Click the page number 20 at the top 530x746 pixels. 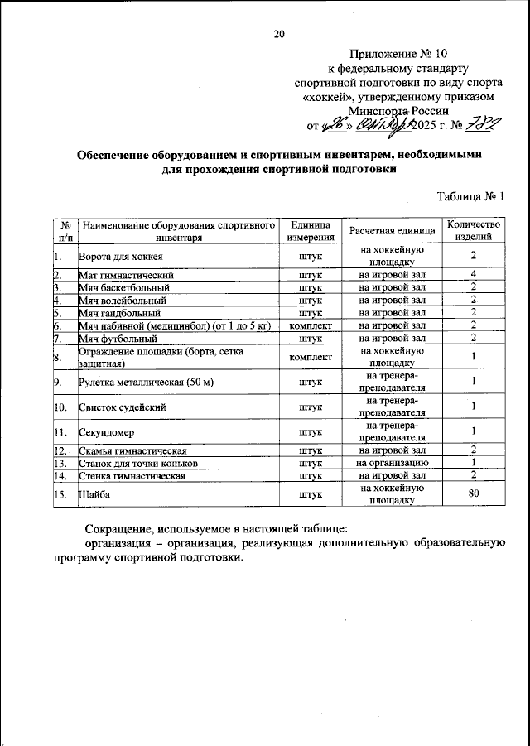[279, 34]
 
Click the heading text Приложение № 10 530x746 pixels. [386, 53]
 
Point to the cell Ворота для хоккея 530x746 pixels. [120, 257]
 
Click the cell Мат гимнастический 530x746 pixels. [125, 275]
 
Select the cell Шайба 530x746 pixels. [93, 494]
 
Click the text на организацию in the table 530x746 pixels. [392, 463]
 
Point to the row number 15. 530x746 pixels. [60, 494]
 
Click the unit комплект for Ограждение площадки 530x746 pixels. [311, 357]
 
